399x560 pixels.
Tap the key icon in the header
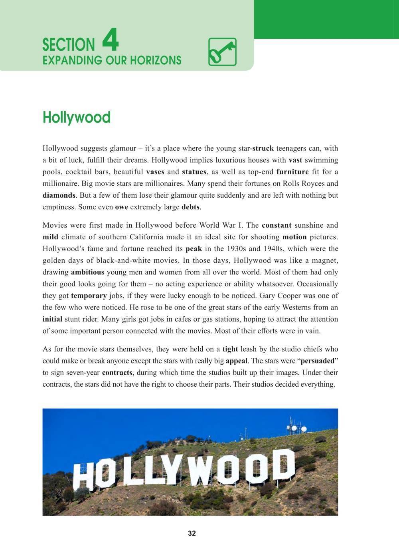pos(222,52)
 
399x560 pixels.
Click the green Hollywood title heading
pos(77,117)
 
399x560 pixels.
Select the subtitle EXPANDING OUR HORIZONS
pos(112,61)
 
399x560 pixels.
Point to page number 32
pos(192,534)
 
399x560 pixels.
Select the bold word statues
pos(194,172)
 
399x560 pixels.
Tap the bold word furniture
pos(292,172)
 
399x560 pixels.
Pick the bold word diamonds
pos(59,196)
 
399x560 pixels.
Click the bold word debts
pos(190,207)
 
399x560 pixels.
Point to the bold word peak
pos(194,249)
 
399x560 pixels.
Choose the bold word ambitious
pos(87,272)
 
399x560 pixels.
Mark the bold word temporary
pos(89,296)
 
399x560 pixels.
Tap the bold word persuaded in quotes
pos(317,361)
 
